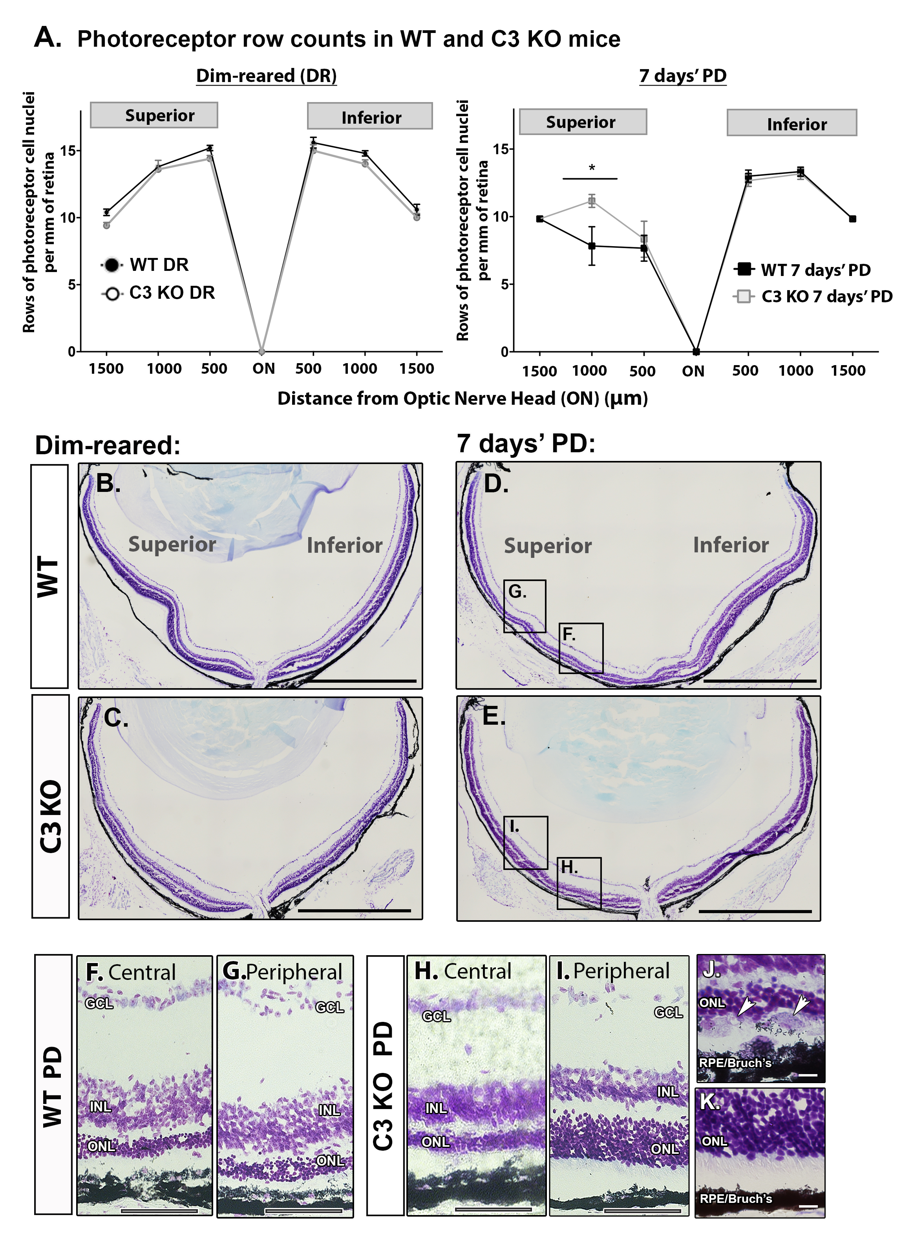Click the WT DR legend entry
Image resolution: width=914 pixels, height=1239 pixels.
(x=146, y=265)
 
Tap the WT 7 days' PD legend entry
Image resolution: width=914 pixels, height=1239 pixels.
(x=802, y=270)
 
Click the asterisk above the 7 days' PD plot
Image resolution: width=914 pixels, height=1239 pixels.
(x=591, y=168)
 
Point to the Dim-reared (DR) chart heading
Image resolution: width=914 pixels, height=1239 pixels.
(x=266, y=76)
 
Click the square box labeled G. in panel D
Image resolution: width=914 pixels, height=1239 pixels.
(x=525, y=606)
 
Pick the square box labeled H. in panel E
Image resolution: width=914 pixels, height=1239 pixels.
(x=579, y=883)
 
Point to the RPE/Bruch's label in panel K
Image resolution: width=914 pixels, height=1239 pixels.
(x=735, y=1199)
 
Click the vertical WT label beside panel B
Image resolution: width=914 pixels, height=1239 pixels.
(x=49, y=576)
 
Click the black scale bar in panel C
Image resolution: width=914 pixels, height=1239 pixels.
(x=354, y=910)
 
